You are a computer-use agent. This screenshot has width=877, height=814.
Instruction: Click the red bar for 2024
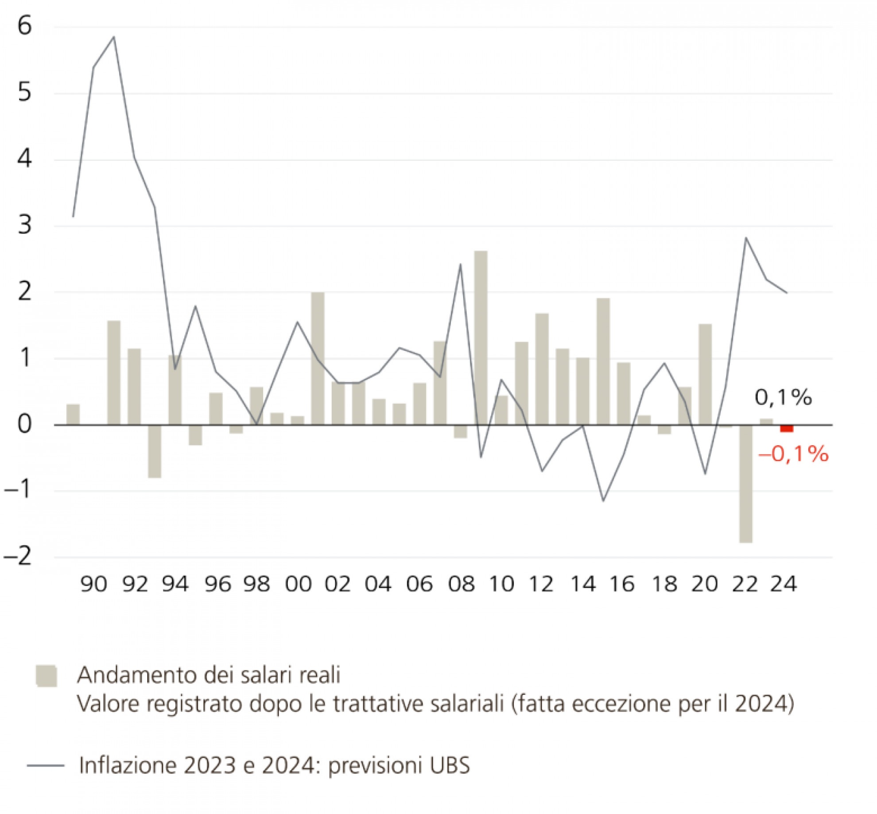coord(787,428)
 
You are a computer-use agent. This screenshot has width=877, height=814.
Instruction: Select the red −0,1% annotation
coord(793,454)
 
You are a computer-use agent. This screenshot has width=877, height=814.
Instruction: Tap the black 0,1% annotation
coord(783,398)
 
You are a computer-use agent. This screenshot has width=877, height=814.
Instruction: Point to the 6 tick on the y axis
coord(25,26)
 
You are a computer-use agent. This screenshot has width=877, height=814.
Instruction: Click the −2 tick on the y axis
coord(19,556)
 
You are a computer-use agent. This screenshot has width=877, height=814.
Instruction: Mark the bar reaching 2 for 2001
coord(318,359)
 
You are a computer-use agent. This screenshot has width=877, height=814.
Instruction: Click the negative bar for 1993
coord(155,451)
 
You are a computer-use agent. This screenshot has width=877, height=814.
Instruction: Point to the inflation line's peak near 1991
coord(114,37)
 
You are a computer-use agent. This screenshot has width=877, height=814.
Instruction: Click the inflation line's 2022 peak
coord(746,238)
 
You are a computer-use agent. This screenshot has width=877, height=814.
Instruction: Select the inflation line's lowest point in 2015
coord(603,501)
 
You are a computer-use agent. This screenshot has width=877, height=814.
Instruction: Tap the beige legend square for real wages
coord(47,676)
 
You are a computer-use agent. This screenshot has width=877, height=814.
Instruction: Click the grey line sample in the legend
coord(46,765)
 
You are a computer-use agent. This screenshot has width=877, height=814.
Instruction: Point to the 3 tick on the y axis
coord(25,225)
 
